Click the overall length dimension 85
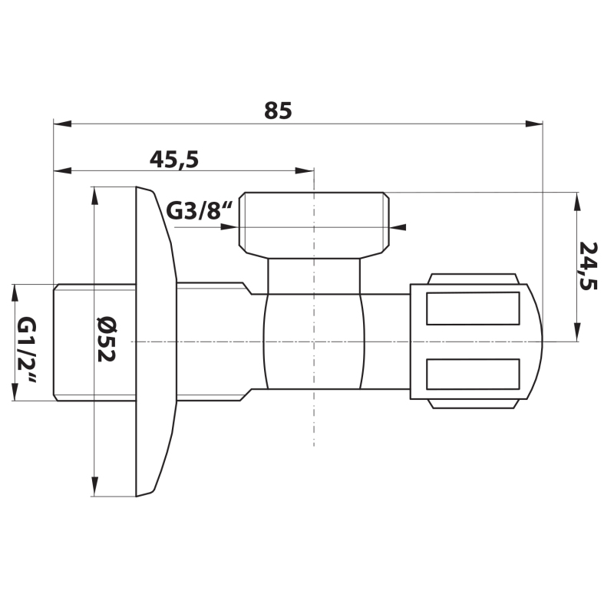click(278, 111)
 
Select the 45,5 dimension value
click(174, 160)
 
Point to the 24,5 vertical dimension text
click(589, 266)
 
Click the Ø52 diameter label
click(106, 339)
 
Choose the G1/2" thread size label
click(27, 351)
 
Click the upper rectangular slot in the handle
click(473, 309)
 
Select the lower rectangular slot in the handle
click(473, 374)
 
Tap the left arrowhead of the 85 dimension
click(63, 124)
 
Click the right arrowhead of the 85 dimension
click(534, 124)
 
